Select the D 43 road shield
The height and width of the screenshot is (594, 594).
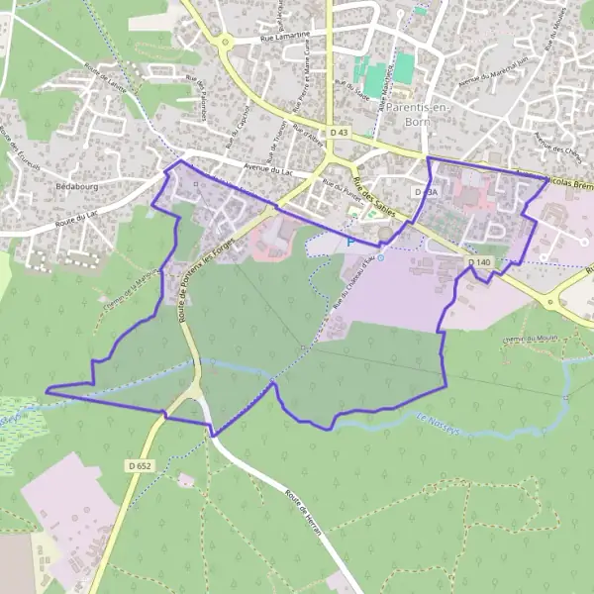pos(339,132)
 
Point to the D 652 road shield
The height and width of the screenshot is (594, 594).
pos(140,464)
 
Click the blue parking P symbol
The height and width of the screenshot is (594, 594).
pos(349,242)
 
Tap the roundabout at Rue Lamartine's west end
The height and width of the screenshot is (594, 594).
pos(226,43)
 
